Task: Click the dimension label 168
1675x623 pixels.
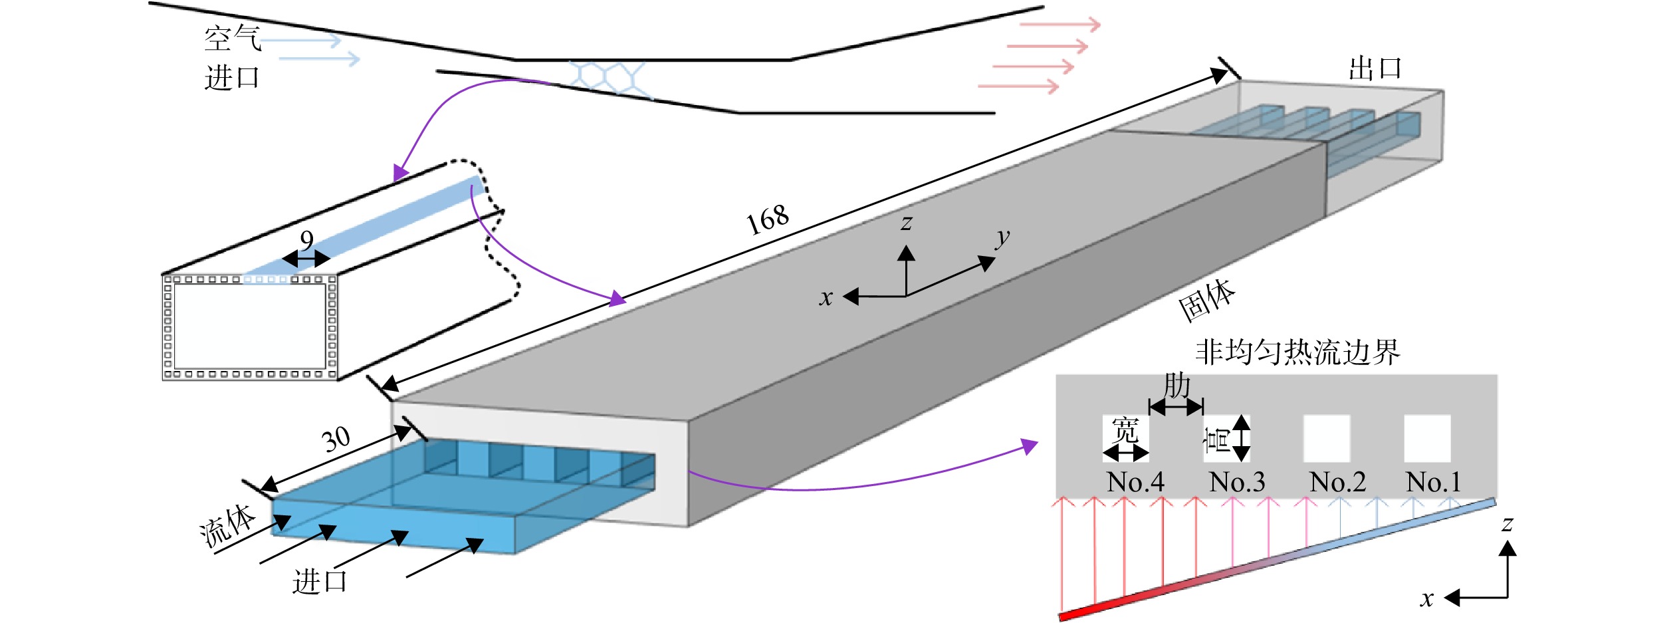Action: click(768, 219)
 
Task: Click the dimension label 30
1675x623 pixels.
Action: click(336, 439)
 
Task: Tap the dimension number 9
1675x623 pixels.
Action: click(306, 239)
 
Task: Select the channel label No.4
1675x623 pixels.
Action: click(1135, 482)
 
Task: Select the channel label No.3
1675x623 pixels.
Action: click(1237, 482)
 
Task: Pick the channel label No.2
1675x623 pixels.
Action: click(1337, 482)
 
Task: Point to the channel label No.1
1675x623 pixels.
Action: click(1434, 482)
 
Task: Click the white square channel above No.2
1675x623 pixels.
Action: click(1327, 438)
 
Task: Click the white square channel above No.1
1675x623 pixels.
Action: click(1427, 438)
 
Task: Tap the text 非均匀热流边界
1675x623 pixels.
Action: click(1297, 352)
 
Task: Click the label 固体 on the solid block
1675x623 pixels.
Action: click(1207, 301)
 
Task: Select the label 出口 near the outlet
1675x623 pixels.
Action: click(1375, 68)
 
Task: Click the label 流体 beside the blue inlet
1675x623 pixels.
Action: click(227, 526)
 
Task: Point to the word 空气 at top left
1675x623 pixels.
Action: click(232, 39)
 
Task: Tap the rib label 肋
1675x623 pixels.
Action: click(1177, 386)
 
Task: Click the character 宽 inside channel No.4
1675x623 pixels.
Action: click(1125, 430)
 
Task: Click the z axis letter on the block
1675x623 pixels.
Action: click(907, 223)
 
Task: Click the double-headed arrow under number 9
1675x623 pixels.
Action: click(306, 259)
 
